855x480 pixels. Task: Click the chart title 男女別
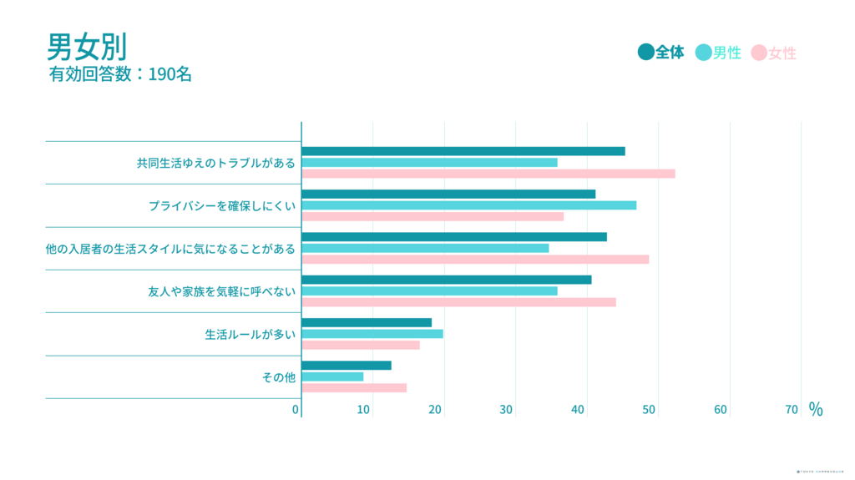pyautogui.click(x=87, y=46)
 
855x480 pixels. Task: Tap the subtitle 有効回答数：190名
pyautogui.click(x=121, y=74)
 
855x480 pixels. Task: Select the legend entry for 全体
pyautogui.click(x=661, y=53)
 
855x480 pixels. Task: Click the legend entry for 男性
pyautogui.click(x=719, y=53)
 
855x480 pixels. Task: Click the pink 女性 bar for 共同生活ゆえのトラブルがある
pyautogui.click(x=488, y=174)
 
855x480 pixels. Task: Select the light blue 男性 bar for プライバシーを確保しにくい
pyautogui.click(x=468, y=205)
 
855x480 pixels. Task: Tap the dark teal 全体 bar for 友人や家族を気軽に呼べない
pyautogui.click(x=446, y=280)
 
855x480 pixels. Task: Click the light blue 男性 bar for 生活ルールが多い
pyautogui.click(x=372, y=334)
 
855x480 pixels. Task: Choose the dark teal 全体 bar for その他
pyautogui.click(x=346, y=366)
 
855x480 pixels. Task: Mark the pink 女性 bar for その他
pyautogui.click(x=353, y=387)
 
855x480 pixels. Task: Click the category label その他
pyautogui.click(x=279, y=377)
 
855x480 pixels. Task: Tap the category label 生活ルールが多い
pyautogui.click(x=250, y=335)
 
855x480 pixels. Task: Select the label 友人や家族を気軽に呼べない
pyautogui.click(x=221, y=291)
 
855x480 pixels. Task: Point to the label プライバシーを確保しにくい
pyautogui.click(x=222, y=205)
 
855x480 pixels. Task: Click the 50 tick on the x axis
pyautogui.click(x=649, y=410)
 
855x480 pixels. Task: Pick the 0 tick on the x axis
pyautogui.click(x=296, y=410)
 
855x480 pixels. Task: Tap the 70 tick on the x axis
pyautogui.click(x=792, y=410)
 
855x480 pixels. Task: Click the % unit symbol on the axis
pyautogui.click(x=815, y=409)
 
